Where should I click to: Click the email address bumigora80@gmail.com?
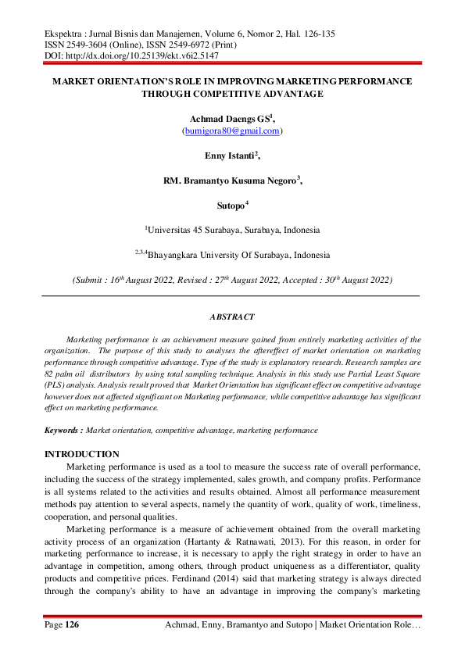[x=232, y=131]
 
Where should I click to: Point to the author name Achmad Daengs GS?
[x=229, y=119]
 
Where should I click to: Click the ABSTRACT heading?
[x=232, y=316]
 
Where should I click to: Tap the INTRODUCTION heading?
[x=82, y=454]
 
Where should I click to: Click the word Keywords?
[x=62, y=430]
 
